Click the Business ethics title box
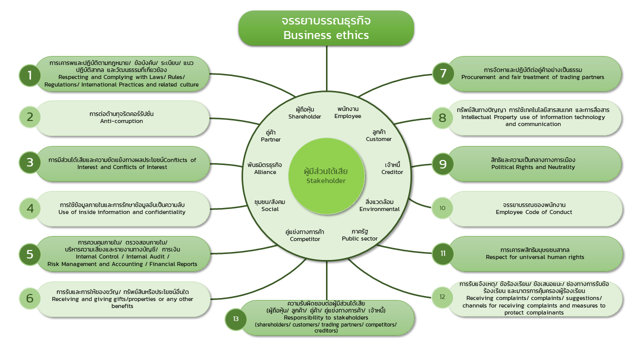326,28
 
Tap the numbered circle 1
30,75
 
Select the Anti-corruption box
122,118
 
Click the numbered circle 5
30,254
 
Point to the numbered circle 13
236,319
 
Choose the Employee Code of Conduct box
534,208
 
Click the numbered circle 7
442,74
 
